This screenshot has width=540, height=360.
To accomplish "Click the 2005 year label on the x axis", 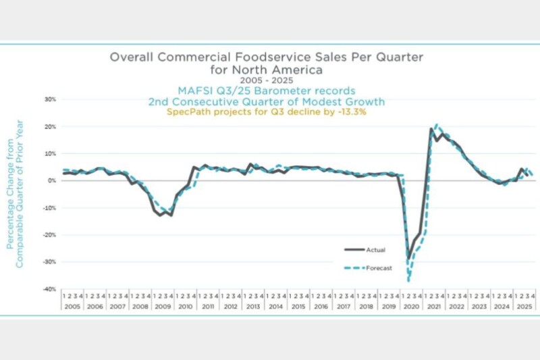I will pyautogui.click(x=72, y=307).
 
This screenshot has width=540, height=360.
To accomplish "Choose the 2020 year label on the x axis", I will pyautogui.click(x=410, y=307).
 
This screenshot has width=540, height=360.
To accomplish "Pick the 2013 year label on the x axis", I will pyautogui.click(x=253, y=307).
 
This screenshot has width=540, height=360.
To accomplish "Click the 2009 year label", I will pyautogui.click(x=163, y=307).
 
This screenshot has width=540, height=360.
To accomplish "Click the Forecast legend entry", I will pyautogui.click(x=378, y=268).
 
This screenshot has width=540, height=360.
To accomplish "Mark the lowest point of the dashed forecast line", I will pyautogui.click(x=408, y=280).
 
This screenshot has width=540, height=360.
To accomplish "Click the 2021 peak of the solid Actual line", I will pyautogui.click(x=431, y=129).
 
